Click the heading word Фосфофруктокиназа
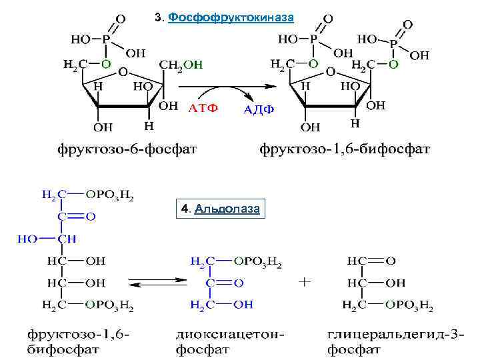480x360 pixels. coord(231,17)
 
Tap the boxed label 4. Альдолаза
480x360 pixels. coord(220,209)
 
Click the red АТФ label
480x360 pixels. coord(202,108)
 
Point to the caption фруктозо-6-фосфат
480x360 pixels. coord(126,147)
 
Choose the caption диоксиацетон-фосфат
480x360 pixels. coord(231,341)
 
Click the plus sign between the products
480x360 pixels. coord(305,282)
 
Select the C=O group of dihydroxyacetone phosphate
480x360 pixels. coord(224,283)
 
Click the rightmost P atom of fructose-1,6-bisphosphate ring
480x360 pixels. coord(393,43)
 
